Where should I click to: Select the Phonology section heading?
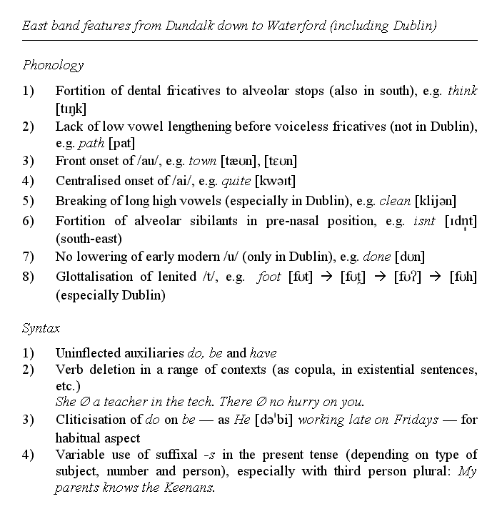coord(53,65)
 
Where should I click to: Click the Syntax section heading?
coord(41,329)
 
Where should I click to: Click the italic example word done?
coord(377,256)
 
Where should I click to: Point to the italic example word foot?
coord(271,277)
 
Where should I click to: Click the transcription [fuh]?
coord(463,277)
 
